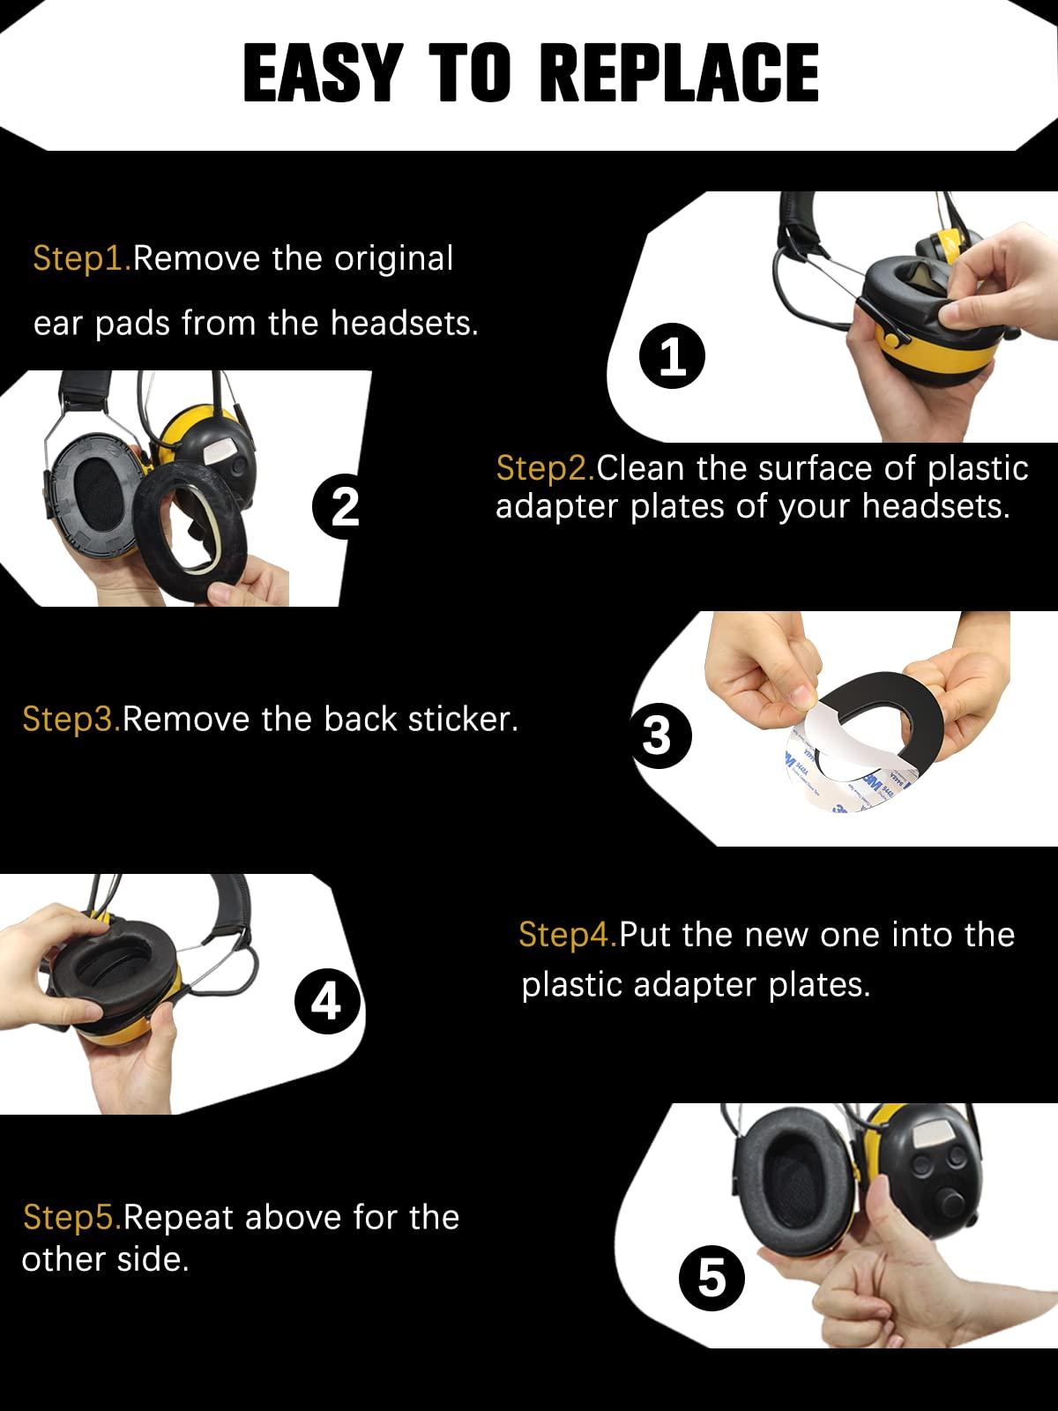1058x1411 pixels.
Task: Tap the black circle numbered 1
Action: [x=672, y=358]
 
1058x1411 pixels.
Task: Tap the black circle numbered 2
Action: [x=344, y=506]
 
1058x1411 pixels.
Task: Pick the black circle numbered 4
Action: [x=327, y=1000]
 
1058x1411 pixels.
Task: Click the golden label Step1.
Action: [x=82, y=259]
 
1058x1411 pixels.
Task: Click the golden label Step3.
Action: [x=71, y=719]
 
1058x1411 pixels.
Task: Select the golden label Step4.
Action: [x=568, y=935]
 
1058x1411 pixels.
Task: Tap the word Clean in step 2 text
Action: [x=641, y=467]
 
